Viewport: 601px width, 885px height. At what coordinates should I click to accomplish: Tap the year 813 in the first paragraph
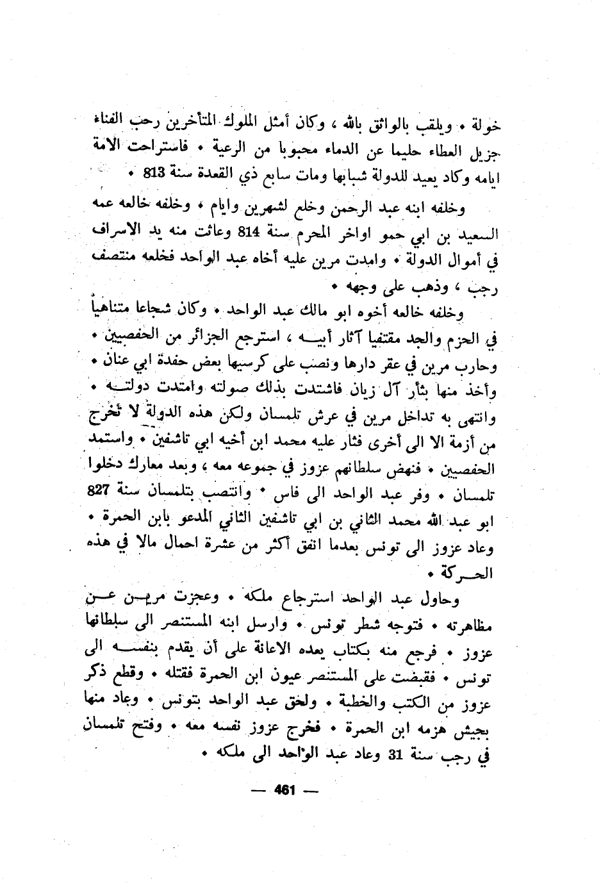tap(156, 174)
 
